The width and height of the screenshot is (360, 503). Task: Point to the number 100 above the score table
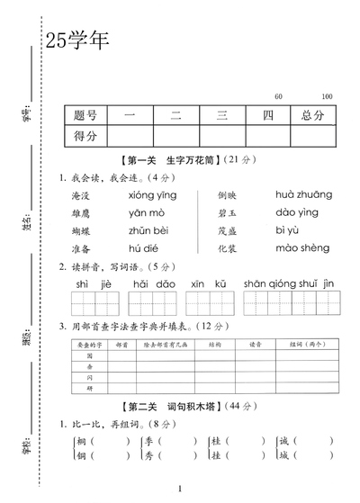(x=326, y=96)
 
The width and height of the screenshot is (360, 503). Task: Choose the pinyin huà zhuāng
(x=303, y=194)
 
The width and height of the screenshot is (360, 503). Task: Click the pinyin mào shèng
(x=303, y=248)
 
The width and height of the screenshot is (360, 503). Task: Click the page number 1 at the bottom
(x=180, y=489)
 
